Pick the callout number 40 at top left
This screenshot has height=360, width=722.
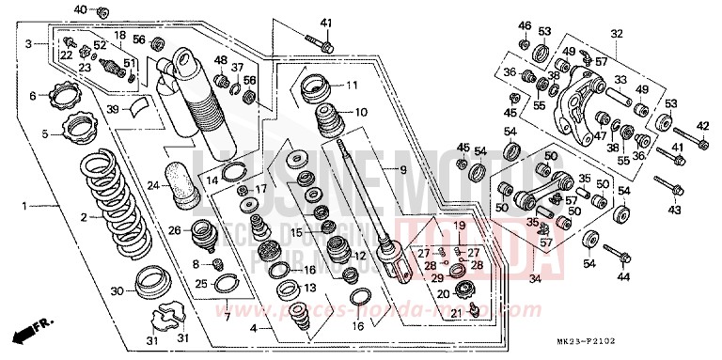click(79, 9)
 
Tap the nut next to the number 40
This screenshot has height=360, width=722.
click(102, 12)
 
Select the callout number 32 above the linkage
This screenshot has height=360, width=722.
click(616, 34)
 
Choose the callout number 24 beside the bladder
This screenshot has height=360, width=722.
click(151, 185)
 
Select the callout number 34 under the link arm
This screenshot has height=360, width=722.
click(536, 279)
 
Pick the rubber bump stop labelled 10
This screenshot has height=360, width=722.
click(324, 123)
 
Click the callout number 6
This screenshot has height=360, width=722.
click(32, 96)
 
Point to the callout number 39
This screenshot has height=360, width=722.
click(113, 110)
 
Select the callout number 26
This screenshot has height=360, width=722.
click(174, 231)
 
